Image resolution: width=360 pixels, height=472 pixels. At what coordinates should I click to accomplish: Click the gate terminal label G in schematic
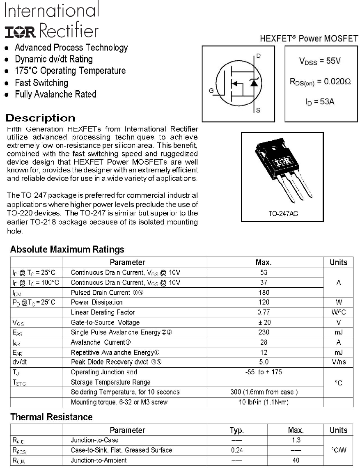click(x=211, y=91)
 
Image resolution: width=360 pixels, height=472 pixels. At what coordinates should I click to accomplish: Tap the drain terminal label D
click(x=258, y=56)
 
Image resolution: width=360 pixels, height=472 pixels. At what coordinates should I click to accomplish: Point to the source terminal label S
click(x=258, y=110)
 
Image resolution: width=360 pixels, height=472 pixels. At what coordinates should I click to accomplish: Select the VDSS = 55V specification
click(x=320, y=61)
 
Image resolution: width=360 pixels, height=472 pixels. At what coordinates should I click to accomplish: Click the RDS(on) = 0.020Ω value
click(x=320, y=82)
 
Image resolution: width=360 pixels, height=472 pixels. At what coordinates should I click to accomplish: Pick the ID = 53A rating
click(x=320, y=101)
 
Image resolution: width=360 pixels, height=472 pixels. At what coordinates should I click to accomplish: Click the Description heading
click(x=40, y=118)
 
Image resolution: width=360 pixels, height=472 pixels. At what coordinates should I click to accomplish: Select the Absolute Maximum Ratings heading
click(x=67, y=249)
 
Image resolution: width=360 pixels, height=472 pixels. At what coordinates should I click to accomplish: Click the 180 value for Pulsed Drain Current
click(x=264, y=293)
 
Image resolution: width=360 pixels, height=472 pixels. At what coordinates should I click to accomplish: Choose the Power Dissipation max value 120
click(x=264, y=302)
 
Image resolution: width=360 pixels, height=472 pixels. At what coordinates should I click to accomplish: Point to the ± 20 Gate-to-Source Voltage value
click(x=264, y=323)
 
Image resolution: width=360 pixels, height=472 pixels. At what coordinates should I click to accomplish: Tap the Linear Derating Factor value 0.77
click(x=264, y=312)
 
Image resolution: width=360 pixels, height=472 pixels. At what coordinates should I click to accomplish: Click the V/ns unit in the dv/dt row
click(x=338, y=362)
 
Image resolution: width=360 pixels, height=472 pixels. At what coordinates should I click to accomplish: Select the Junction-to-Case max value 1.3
click(x=296, y=440)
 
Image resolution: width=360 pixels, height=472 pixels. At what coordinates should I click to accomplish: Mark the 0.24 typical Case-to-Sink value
click(x=237, y=450)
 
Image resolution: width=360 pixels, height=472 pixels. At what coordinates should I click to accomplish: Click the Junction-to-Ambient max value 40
click(x=296, y=460)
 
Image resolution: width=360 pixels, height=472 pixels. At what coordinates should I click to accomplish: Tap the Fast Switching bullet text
click(x=41, y=82)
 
